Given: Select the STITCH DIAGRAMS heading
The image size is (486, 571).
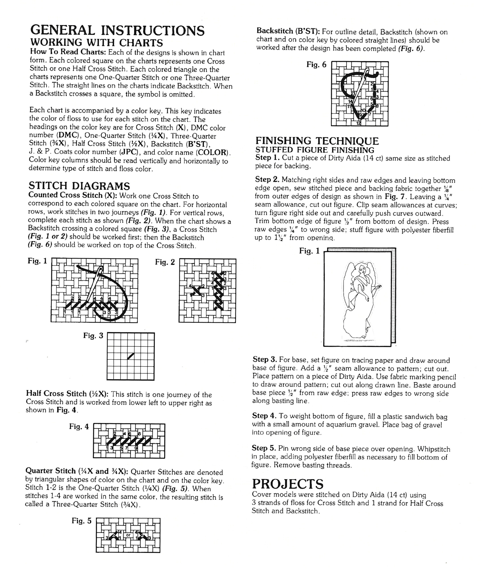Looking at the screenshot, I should click(x=79, y=186).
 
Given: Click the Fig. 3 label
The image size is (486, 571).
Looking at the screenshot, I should click(x=93, y=335).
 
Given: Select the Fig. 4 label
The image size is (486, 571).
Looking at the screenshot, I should click(x=79, y=427).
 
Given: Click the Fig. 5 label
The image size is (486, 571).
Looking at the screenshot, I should click(x=82, y=521).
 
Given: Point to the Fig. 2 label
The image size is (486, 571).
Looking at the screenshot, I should click(x=165, y=262).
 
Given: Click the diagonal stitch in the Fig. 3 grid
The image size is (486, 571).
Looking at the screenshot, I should click(x=131, y=356).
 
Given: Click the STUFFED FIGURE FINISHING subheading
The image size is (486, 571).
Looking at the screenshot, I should click(x=315, y=150).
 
